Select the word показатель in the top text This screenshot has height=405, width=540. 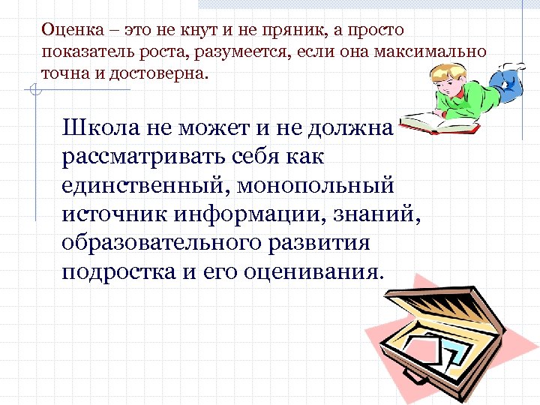[x=82, y=52]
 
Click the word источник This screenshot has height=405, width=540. [x=115, y=214]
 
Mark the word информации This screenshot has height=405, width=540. [x=251, y=214]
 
